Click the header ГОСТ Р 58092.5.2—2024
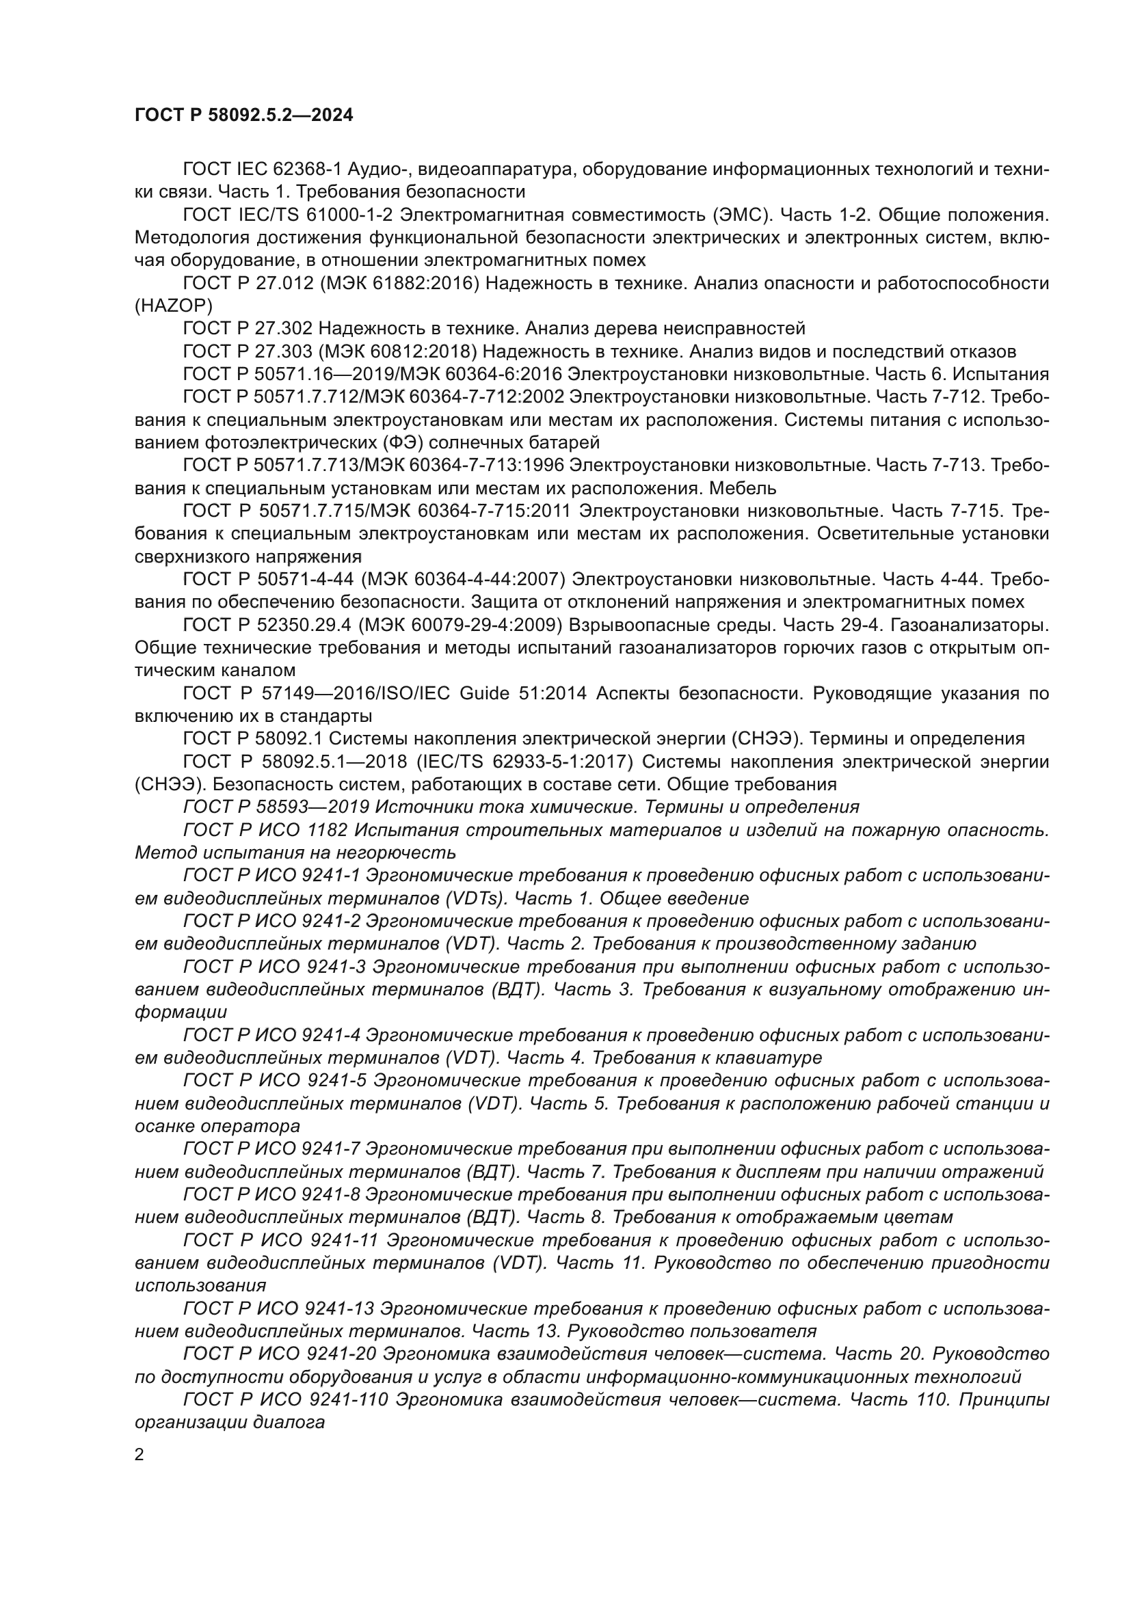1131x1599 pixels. coord(243,116)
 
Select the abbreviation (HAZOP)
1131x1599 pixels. coord(174,306)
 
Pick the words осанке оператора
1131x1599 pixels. coord(217,1126)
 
